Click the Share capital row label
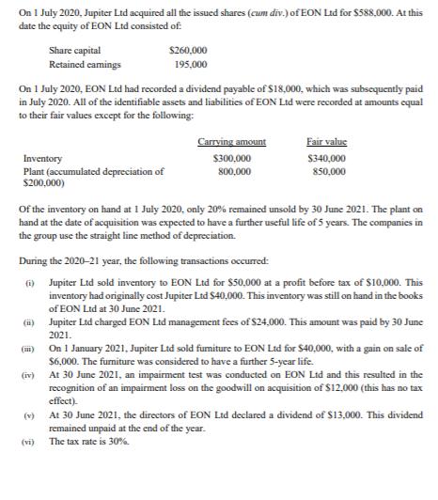(77, 49)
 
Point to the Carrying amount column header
(232, 141)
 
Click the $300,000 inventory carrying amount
(233, 160)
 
